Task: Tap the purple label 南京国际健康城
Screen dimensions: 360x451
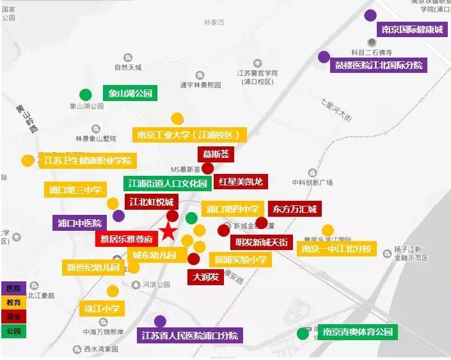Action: point(411,29)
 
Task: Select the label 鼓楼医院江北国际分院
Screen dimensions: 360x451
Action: point(379,65)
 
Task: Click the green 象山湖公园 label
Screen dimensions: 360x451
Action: point(131,93)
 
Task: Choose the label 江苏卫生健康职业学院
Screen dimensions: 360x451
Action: point(88,160)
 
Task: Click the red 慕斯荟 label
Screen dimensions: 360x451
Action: point(216,154)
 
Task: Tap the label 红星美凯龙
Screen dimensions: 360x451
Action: point(241,182)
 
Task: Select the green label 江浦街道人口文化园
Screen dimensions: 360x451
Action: point(167,184)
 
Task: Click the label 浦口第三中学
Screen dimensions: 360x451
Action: point(75,190)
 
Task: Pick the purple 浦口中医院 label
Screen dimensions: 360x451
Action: point(80,223)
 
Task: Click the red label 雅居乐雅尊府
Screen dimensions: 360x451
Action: point(127,240)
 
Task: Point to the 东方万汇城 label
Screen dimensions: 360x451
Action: point(295,208)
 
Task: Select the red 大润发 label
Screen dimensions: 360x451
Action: point(206,277)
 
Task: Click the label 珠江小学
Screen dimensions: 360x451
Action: point(102,309)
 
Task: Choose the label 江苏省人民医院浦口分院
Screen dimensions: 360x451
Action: point(189,335)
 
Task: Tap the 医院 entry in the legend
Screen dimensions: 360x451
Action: point(13,289)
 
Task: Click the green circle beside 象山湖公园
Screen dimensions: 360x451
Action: point(84,94)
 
